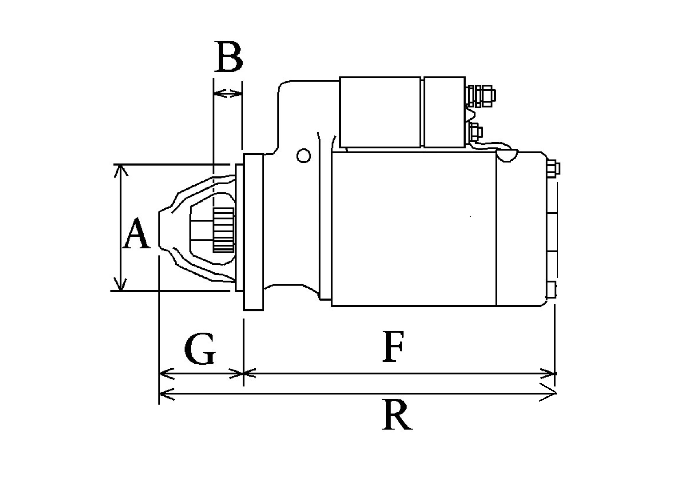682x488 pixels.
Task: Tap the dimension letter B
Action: click(x=229, y=57)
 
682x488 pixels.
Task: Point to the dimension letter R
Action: click(x=397, y=415)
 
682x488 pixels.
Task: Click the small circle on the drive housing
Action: click(x=304, y=155)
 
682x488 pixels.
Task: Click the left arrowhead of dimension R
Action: click(x=165, y=394)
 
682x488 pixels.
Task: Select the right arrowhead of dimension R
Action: click(x=549, y=394)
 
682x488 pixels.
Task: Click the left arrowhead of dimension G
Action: click(x=165, y=373)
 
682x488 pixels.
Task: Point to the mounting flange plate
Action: click(x=254, y=232)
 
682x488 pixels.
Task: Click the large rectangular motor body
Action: click(x=414, y=229)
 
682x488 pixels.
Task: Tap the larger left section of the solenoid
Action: click(x=380, y=112)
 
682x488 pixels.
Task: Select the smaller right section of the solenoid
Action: click(x=444, y=112)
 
